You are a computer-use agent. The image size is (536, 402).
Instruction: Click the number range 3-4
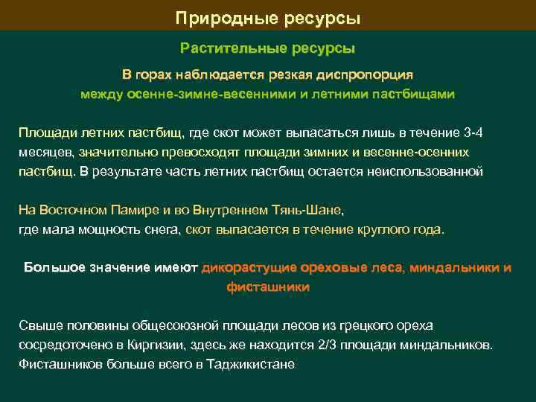coord(473,133)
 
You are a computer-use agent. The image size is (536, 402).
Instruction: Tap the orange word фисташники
coord(268,287)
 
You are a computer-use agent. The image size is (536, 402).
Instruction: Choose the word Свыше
coord(39,326)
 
